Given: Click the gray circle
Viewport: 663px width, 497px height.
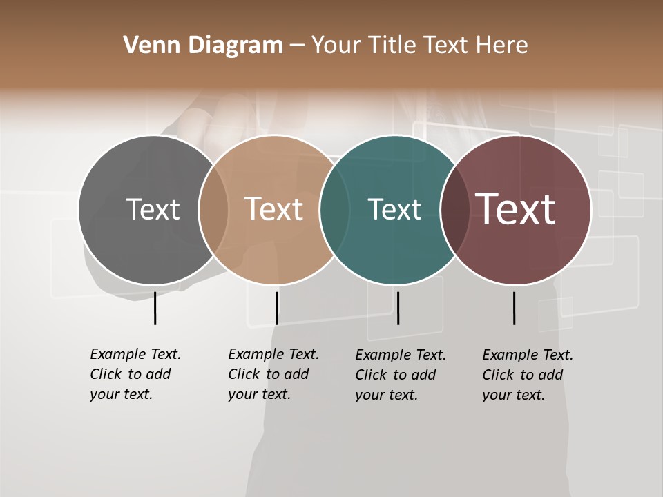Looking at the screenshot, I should tap(138, 242).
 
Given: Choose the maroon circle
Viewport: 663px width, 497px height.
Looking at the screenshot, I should tap(525, 248).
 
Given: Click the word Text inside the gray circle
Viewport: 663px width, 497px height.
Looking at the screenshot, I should tap(153, 209).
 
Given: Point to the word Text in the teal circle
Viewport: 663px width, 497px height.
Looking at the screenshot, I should tap(394, 209).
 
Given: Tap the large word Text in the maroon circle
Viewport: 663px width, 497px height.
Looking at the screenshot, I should tap(515, 208).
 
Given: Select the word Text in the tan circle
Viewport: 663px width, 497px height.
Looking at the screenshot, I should tap(274, 209).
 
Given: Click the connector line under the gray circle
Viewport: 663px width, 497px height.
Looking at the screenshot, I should tap(155, 308).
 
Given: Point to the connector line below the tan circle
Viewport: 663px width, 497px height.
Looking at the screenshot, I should tap(276, 308).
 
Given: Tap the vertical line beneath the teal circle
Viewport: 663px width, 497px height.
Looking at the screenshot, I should tap(398, 308).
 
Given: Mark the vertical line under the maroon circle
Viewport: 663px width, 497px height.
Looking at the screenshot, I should tap(514, 308).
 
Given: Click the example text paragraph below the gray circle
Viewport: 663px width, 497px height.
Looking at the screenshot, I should tap(135, 374).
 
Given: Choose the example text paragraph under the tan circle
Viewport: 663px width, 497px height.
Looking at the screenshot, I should tap(273, 374).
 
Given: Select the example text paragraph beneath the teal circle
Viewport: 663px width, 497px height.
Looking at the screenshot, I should tap(400, 375).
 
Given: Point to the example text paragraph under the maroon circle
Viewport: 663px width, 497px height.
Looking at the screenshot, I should tap(527, 375).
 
